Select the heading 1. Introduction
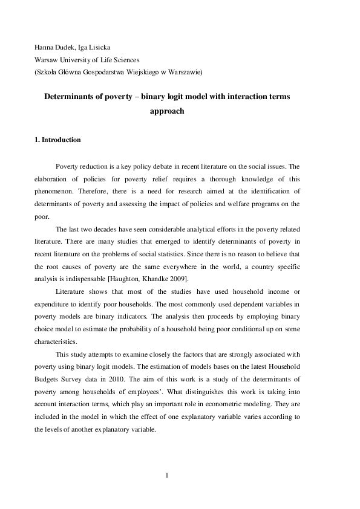tap(57, 140)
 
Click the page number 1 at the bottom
tap(167, 475)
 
